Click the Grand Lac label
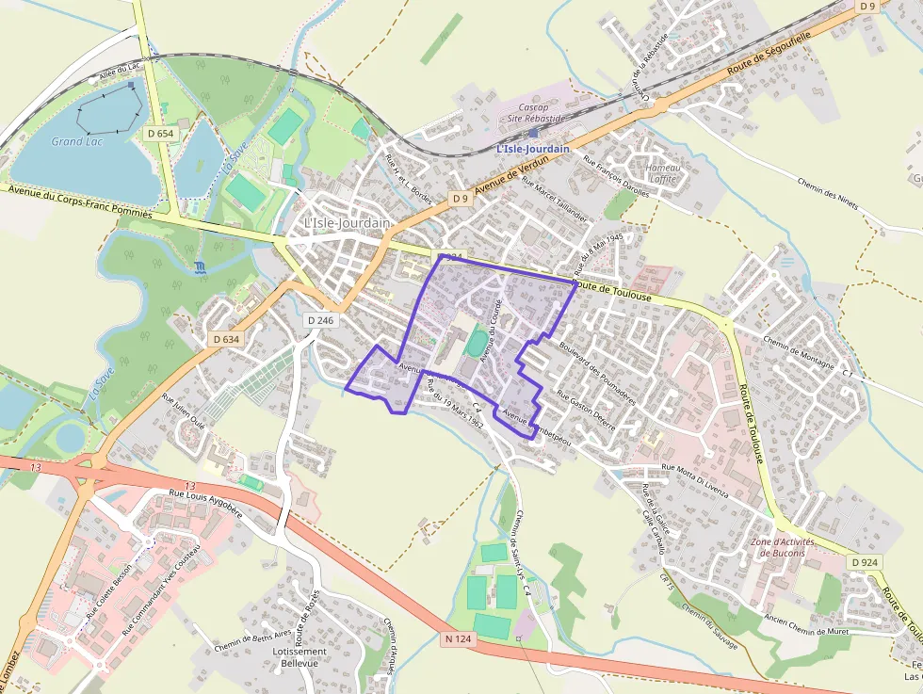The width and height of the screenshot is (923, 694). [x=77, y=141]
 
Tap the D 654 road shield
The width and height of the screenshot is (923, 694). [x=161, y=134]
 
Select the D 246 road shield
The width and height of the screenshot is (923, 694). [x=320, y=320]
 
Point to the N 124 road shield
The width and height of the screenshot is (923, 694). [x=456, y=638]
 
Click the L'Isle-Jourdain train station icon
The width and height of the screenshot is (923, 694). [x=533, y=133]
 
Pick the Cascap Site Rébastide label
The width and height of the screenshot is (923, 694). [x=534, y=113]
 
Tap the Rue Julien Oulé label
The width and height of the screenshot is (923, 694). [x=184, y=411]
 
